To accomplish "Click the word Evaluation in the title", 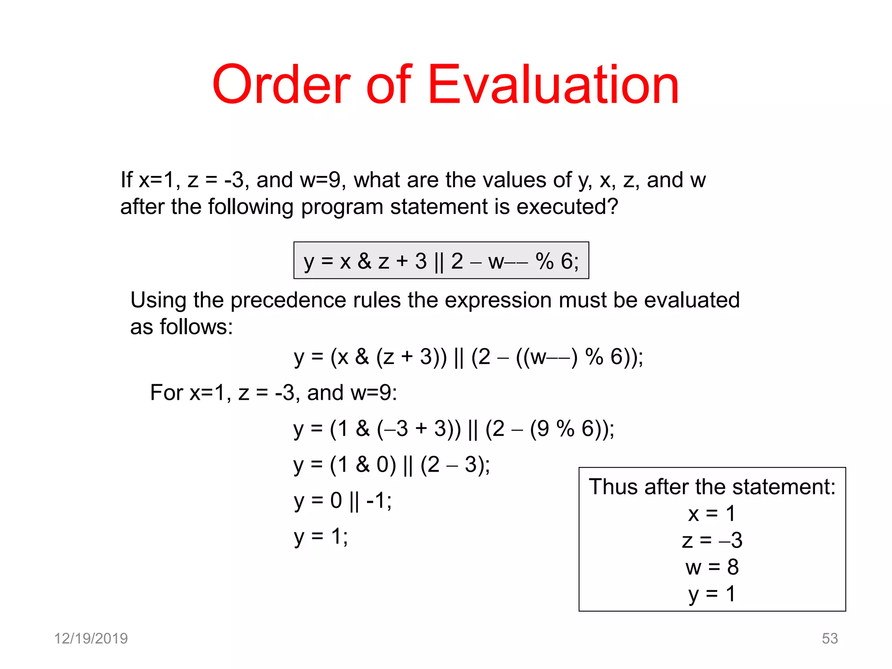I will (x=553, y=85).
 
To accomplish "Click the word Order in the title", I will (x=281, y=85).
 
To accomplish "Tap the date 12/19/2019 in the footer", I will (x=91, y=638).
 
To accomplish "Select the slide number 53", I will (x=829, y=638).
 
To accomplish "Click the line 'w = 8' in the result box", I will (x=712, y=567).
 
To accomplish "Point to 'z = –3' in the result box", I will (x=712, y=541).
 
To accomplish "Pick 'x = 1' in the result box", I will (x=712, y=514).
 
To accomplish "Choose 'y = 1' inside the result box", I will (x=712, y=594).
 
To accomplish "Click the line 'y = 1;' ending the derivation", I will (x=321, y=537).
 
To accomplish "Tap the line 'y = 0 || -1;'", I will (x=342, y=501).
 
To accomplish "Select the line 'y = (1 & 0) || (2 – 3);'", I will (x=391, y=465).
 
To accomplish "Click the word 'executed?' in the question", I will (x=567, y=206).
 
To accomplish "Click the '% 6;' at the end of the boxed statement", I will (x=557, y=261).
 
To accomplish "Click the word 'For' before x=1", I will (x=166, y=392).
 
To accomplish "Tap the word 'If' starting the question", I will (x=126, y=180).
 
